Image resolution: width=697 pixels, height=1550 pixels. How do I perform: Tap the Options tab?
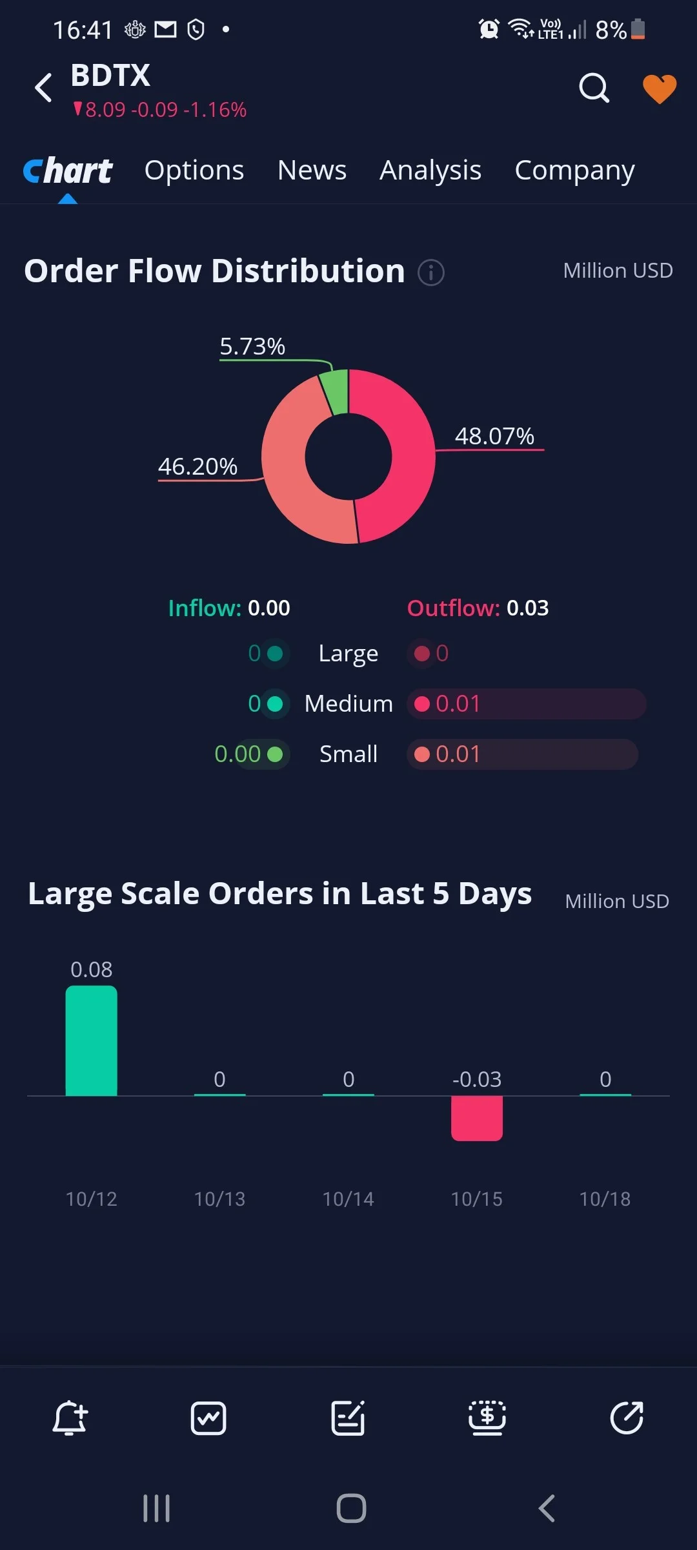(194, 170)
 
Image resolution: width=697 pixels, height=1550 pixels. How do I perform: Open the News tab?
(312, 170)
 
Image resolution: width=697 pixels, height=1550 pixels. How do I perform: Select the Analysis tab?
(430, 171)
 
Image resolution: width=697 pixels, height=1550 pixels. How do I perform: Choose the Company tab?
(574, 171)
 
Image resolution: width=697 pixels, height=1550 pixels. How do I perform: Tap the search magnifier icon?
(594, 88)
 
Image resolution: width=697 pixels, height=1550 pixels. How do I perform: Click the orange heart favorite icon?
(660, 88)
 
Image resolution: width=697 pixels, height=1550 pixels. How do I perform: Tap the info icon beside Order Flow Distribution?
(431, 273)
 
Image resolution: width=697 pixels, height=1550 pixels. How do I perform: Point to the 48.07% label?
(494, 436)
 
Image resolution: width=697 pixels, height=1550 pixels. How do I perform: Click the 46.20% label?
(197, 466)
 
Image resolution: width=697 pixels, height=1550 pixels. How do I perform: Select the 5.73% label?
(252, 347)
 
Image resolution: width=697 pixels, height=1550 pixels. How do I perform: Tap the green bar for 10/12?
(92, 1040)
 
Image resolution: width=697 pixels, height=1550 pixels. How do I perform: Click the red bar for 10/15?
(477, 1119)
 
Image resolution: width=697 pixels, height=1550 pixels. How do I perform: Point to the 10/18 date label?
(605, 1199)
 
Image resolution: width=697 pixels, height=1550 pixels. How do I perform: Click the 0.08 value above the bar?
(91, 969)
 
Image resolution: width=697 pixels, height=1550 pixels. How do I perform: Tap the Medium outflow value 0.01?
(458, 703)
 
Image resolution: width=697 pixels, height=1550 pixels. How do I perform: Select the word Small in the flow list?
(348, 754)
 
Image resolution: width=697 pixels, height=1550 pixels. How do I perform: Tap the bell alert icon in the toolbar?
(70, 1418)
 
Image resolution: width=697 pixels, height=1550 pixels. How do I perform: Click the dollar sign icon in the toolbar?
(487, 1418)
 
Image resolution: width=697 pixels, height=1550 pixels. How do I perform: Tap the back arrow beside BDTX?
(43, 88)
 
